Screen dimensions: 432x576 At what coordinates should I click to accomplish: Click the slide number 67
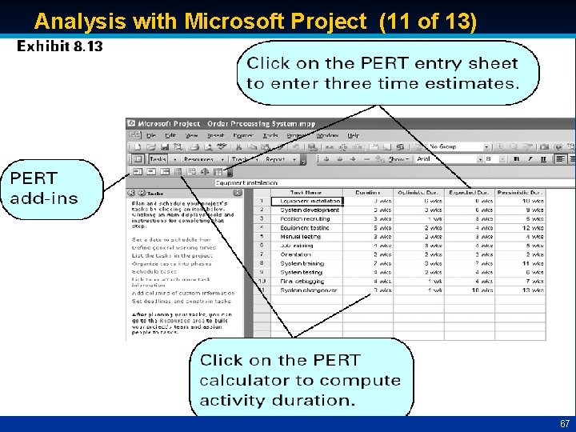tap(564, 423)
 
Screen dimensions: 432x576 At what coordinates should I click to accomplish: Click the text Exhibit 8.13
tap(60, 46)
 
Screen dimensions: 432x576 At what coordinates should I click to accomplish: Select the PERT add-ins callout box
tap(51, 188)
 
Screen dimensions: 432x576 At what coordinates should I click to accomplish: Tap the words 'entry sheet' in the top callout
tap(472, 63)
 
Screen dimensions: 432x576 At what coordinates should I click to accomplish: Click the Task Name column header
tap(306, 192)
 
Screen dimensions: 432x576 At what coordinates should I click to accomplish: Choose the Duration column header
tap(367, 192)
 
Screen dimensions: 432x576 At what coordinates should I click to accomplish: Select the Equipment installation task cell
tap(310, 201)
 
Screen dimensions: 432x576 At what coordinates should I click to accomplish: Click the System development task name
tap(310, 210)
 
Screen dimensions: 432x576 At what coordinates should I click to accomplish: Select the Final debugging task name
tap(299, 281)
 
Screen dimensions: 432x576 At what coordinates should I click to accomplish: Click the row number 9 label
tap(262, 272)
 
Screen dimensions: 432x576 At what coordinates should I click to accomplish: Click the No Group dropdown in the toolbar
tap(456, 146)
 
